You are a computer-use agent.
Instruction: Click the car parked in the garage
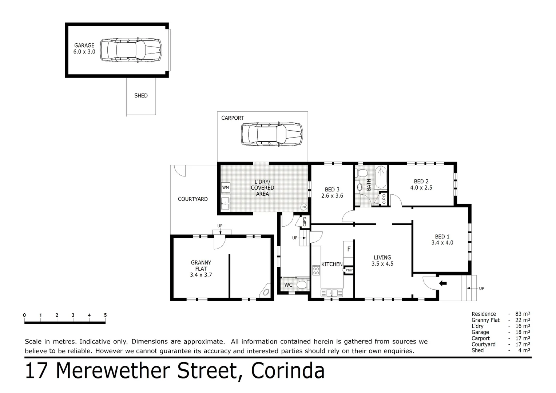pyautogui.click(x=131, y=50)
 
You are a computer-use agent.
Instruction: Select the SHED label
pyautogui.click(x=141, y=96)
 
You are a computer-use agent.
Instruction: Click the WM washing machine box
pyautogui.click(x=226, y=187)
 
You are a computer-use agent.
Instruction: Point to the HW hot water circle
pyautogui.click(x=303, y=207)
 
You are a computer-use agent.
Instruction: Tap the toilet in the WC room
pyautogui.click(x=302, y=285)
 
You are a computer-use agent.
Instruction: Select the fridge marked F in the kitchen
pyautogui.click(x=349, y=249)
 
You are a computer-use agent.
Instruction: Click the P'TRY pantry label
pyautogui.click(x=349, y=270)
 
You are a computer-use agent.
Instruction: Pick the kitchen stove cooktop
pyautogui.click(x=315, y=270)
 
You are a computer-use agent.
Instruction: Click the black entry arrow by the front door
pyautogui.click(x=443, y=283)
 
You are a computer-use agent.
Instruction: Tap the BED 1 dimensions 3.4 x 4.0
pyautogui.click(x=442, y=243)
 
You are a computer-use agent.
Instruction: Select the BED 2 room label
pyautogui.click(x=421, y=181)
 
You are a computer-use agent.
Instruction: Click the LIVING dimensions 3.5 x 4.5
pyautogui.click(x=382, y=264)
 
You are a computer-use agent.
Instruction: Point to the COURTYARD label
pyautogui.click(x=192, y=199)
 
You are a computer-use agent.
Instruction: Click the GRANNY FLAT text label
pyautogui.click(x=201, y=266)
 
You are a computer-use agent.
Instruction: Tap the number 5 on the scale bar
pyautogui.click(x=105, y=315)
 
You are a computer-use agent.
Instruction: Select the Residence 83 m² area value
pyautogui.click(x=523, y=314)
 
